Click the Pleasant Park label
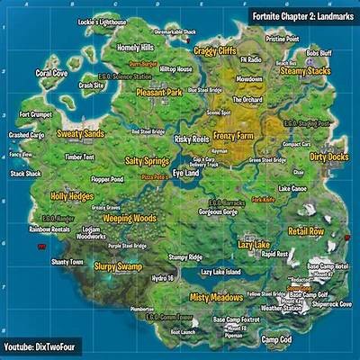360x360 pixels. point(159,92)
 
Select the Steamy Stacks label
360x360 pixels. point(305,69)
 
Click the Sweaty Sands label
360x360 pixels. point(81,134)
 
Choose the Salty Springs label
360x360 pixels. point(147,161)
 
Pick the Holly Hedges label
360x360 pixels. point(72,195)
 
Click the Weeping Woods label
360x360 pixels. point(129,218)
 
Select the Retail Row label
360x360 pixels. point(306,231)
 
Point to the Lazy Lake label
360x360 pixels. point(253,244)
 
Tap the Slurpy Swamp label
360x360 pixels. point(119,266)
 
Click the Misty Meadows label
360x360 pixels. point(216,297)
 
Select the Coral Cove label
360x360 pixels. point(51,73)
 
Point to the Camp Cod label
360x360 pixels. point(275,339)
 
